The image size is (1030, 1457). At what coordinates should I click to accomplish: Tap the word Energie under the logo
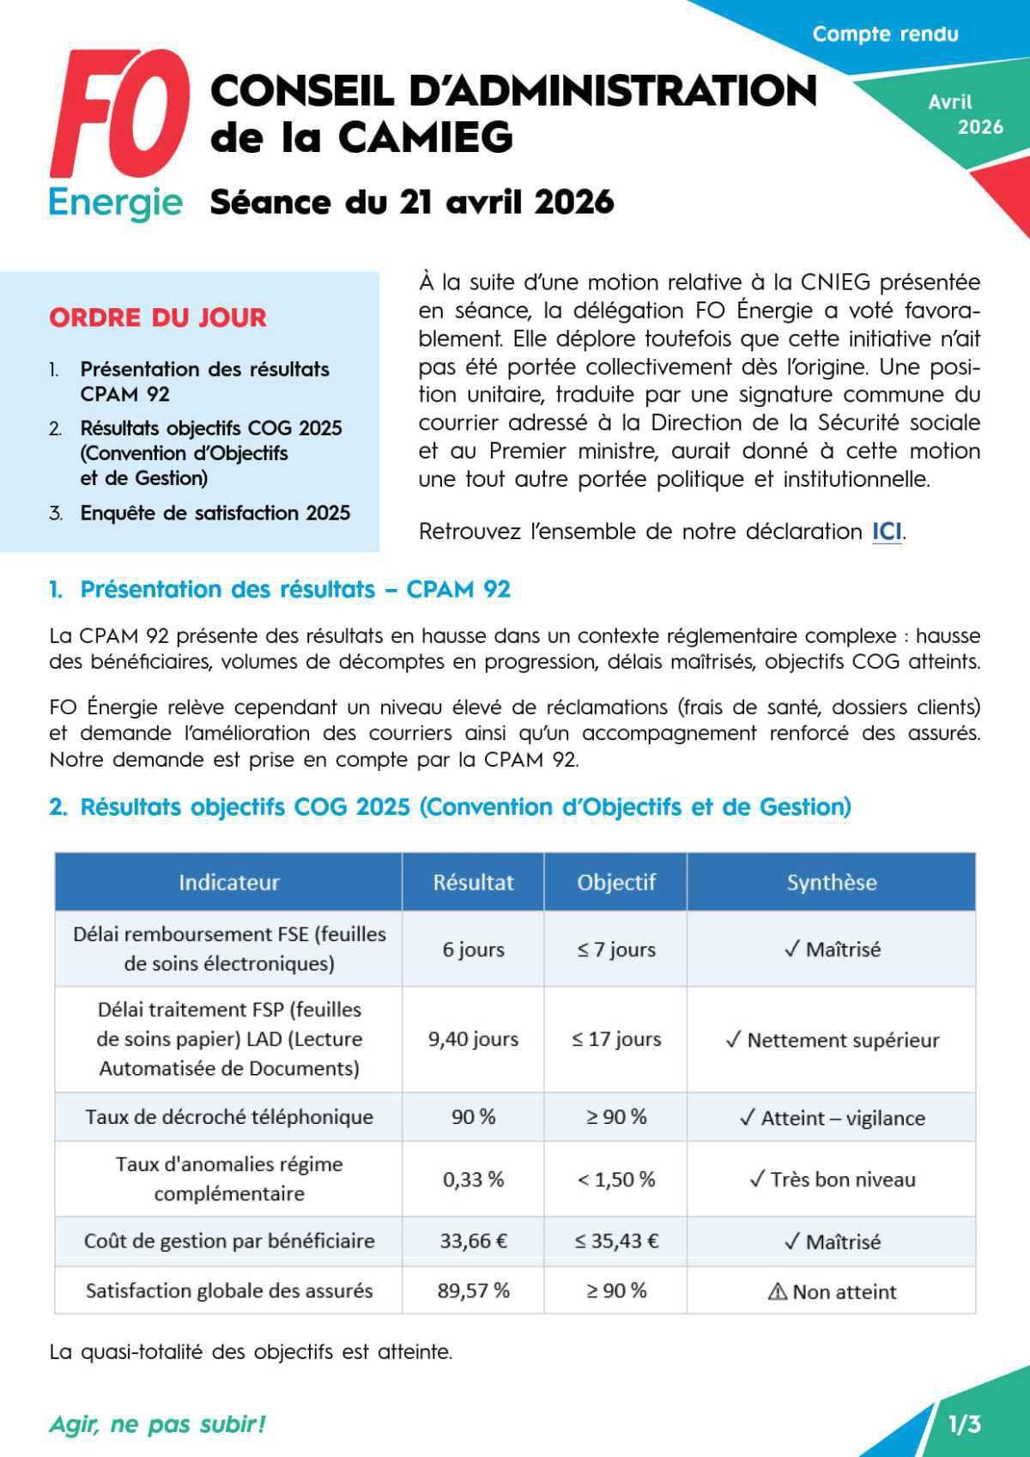click(x=116, y=203)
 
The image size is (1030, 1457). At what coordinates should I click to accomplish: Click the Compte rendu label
click(x=885, y=34)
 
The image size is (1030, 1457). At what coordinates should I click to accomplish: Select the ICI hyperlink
click(x=887, y=531)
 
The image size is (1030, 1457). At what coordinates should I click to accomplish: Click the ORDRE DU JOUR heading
click(x=158, y=318)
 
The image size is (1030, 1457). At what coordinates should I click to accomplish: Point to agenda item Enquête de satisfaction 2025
click(x=215, y=513)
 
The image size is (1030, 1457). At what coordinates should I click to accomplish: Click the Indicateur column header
click(x=228, y=883)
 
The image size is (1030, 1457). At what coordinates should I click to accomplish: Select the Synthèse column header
click(x=831, y=883)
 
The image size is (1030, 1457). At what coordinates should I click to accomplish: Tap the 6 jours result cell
click(x=473, y=950)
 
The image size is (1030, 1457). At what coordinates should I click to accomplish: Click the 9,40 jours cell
click(x=473, y=1039)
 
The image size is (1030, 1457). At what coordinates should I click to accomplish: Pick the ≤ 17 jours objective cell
click(x=616, y=1039)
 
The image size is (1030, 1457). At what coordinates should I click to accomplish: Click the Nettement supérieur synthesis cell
click(x=832, y=1040)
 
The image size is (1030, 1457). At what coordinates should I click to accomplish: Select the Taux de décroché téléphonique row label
click(x=229, y=1117)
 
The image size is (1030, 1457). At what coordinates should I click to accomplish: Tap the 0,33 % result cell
click(x=473, y=1180)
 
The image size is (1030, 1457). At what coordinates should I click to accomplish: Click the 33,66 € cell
click(x=473, y=1241)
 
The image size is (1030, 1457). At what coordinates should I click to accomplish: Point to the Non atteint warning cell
click(x=832, y=1292)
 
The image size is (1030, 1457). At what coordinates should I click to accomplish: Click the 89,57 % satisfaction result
click(x=473, y=1290)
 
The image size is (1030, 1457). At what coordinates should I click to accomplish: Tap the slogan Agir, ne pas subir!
click(x=158, y=1424)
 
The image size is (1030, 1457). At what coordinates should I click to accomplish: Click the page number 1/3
click(x=965, y=1424)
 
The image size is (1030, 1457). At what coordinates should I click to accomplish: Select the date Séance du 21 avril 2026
click(x=412, y=203)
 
